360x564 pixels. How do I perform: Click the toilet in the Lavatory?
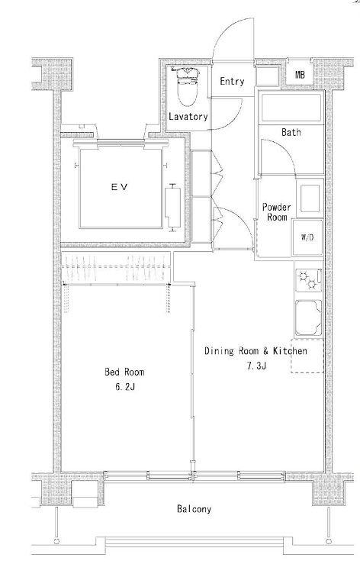[188, 86]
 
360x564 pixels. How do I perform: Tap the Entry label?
[232, 82]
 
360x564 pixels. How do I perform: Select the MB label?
[300, 75]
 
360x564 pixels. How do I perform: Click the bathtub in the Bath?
[291, 108]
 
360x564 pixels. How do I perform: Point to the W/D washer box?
[307, 237]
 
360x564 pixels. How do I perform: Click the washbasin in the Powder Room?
[310, 198]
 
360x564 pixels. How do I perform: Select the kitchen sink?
[308, 318]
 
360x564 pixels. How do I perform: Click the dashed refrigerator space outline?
[307, 356]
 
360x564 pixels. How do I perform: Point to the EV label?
[120, 187]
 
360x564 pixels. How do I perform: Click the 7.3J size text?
[256, 366]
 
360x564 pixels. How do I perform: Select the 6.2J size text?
[125, 387]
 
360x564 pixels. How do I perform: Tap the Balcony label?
[194, 509]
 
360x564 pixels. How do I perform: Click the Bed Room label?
[124, 372]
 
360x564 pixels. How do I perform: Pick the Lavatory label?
[188, 117]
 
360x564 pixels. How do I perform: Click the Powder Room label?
[276, 212]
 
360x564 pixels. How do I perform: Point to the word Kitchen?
[290, 351]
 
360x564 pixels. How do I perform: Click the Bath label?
[291, 132]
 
